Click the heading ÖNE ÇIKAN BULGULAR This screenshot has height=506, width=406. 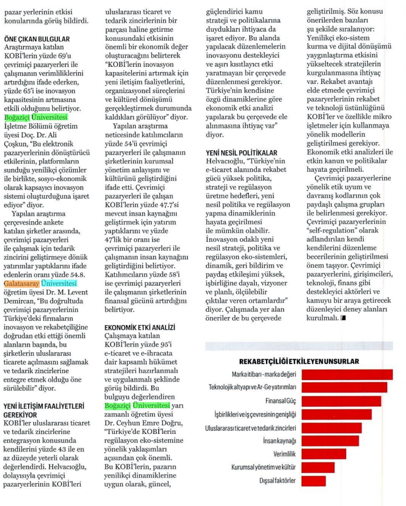[37, 39]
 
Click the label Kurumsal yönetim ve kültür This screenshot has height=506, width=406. [264, 467]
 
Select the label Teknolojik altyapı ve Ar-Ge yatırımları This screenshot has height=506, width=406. [252, 388]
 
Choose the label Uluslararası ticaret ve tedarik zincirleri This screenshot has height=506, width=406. [251, 427]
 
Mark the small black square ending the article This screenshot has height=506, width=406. [342, 318]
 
